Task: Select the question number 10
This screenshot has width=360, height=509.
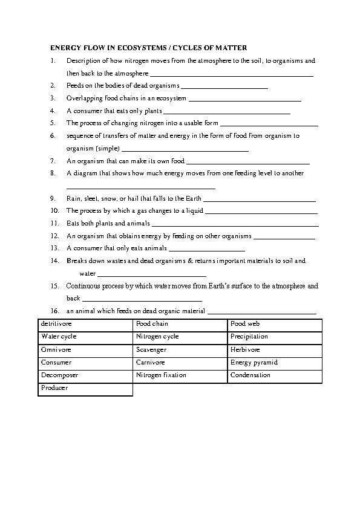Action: point(54,211)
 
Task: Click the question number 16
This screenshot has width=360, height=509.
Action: point(54,311)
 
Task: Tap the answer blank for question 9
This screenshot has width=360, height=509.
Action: point(260,199)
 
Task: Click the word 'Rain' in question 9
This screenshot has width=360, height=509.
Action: point(73,198)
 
